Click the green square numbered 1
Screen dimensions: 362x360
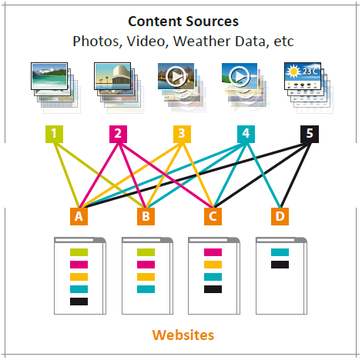[x=54, y=134]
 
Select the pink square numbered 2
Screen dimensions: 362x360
[x=118, y=134]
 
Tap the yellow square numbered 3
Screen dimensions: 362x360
[x=182, y=134]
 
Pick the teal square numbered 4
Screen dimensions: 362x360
[x=246, y=134]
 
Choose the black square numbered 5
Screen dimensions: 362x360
[x=310, y=134]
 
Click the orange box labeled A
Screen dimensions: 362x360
[x=79, y=216]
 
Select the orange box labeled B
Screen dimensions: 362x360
[x=146, y=216]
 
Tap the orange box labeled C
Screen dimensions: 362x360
[x=213, y=216]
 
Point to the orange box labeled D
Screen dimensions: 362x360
[x=280, y=216]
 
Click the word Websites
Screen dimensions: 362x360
[x=183, y=335]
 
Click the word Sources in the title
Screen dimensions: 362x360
[x=213, y=22]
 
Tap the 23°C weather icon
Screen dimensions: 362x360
[x=303, y=76]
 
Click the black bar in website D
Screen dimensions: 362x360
[x=280, y=265]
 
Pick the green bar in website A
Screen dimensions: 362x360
[x=79, y=252]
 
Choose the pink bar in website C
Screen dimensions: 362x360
[x=213, y=252]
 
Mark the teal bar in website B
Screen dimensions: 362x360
[x=146, y=289]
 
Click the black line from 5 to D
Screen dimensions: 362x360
[x=295, y=175]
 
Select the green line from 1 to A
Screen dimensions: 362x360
[x=67, y=175]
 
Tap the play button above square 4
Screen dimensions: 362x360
[x=240, y=76]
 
